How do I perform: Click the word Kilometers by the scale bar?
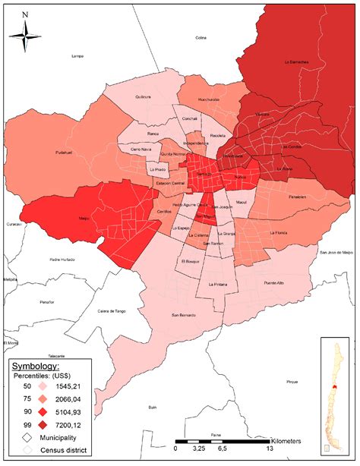[293, 440]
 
